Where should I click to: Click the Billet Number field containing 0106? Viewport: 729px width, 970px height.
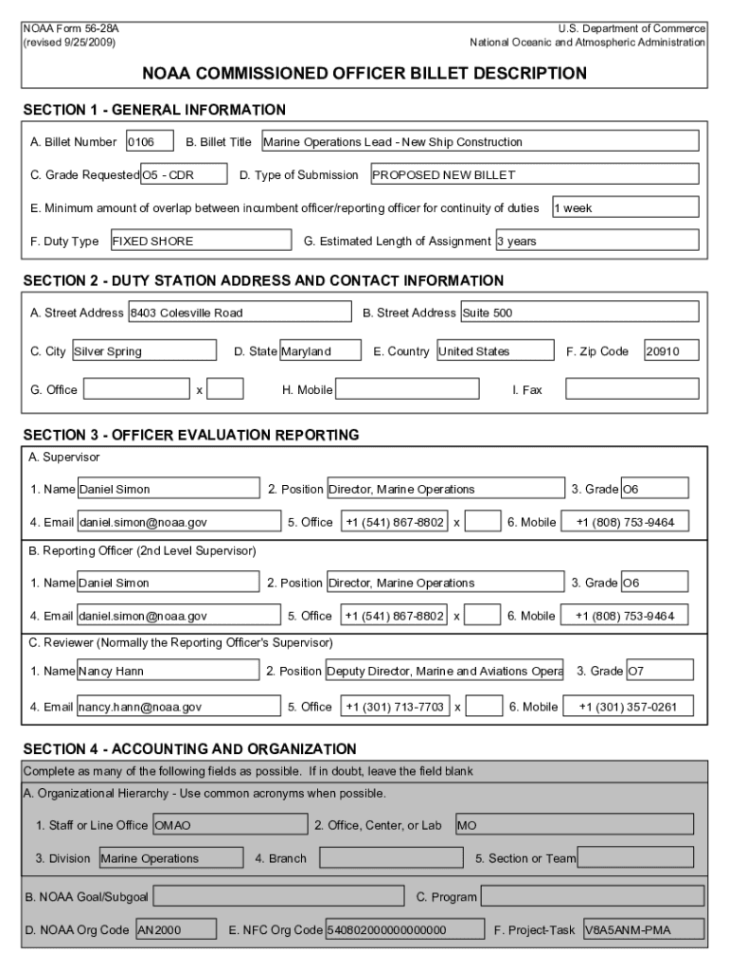(x=150, y=142)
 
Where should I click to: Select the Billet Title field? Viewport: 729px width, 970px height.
(x=479, y=142)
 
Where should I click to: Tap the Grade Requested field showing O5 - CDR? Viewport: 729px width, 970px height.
(x=184, y=175)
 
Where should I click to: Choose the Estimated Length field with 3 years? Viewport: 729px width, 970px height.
(x=596, y=242)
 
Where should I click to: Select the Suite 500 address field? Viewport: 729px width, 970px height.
(x=578, y=313)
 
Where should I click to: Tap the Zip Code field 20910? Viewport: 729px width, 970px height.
(x=671, y=351)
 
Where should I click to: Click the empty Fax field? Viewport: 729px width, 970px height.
(x=631, y=389)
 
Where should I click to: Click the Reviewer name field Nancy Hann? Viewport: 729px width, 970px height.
(x=168, y=672)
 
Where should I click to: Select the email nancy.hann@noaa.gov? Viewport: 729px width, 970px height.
(x=178, y=707)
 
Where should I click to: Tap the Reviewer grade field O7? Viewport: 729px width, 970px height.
(x=659, y=672)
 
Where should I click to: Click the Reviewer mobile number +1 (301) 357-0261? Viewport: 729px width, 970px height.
(x=628, y=707)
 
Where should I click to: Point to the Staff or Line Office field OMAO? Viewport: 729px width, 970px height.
(x=229, y=825)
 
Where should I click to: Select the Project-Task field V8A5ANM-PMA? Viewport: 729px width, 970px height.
(x=644, y=930)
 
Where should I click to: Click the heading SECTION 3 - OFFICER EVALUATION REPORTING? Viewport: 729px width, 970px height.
(x=190, y=436)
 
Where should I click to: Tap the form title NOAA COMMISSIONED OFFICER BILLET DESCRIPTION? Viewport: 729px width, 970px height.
(x=364, y=73)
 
